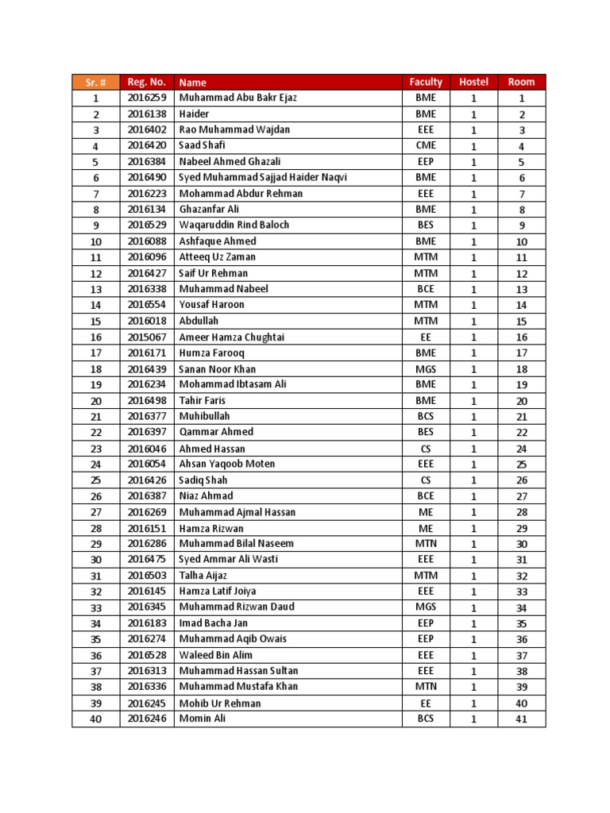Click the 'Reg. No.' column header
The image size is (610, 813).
click(146, 82)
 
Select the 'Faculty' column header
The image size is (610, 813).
click(426, 82)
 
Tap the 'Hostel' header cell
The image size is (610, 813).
click(473, 82)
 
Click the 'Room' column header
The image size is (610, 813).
click(522, 82)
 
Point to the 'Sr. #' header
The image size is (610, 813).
click(95, 82)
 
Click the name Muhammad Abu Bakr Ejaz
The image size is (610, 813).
click(237, 98)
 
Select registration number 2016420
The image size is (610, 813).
click(146, 145)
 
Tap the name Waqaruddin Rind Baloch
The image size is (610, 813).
click(234, 225)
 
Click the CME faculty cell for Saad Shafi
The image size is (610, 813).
click(426, 145)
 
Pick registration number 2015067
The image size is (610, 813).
click(146, 337)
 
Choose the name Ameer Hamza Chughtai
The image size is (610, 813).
click(232, 337)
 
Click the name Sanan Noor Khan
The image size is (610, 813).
click(218, 368)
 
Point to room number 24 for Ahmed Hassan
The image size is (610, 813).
click(522, 449)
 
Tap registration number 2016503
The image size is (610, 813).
click(146, 576)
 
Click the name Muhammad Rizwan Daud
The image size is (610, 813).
click(237, 607)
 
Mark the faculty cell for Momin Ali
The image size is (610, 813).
click(426, 719)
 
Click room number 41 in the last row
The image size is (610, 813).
click(522, 719)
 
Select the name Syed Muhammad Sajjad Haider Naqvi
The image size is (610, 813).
click(263, 177)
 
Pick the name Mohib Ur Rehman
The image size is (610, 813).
click(220, 703)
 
